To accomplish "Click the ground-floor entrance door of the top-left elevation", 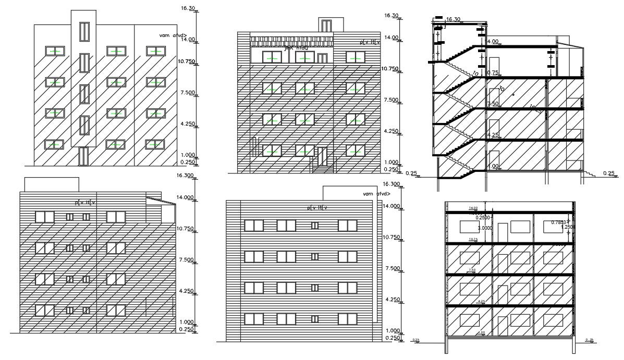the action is (x=83, y=156).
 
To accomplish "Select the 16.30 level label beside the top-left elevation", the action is (x=187, y=8).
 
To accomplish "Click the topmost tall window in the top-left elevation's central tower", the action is (x=83, y=31).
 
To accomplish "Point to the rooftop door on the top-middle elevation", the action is (x=326, y=26).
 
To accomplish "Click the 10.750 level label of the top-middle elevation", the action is (x=391, y=69).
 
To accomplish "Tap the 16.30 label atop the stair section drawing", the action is (x=454, y=20).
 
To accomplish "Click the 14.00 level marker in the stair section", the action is (x=493, y=41).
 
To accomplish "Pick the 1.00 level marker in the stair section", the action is (x=493, y=166).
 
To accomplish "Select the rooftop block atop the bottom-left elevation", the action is (x=52, y=184).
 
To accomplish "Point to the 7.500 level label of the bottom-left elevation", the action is (x=186, y=259).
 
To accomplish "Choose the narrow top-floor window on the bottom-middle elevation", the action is (x=314, y=225).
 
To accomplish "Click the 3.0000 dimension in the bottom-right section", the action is (x=485, y=228).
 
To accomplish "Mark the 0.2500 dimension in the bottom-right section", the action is (x=483, y=218).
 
